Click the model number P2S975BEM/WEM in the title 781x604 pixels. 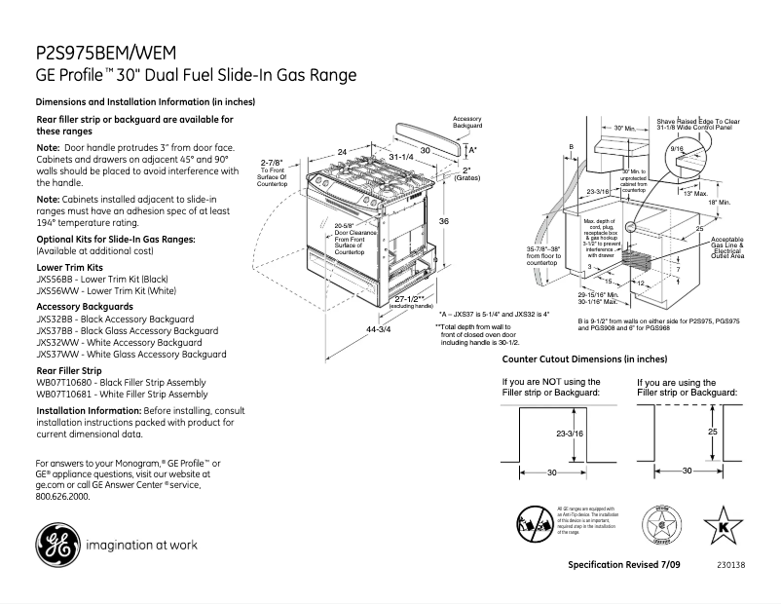point(107,54)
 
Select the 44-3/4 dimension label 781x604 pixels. point(380,330)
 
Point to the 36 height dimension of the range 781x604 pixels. point(444,221)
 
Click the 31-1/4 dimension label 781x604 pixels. point(400,157)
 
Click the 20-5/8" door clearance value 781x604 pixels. point(342,226)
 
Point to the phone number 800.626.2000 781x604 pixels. point(62,496)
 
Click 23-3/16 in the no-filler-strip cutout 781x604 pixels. point(569,433)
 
